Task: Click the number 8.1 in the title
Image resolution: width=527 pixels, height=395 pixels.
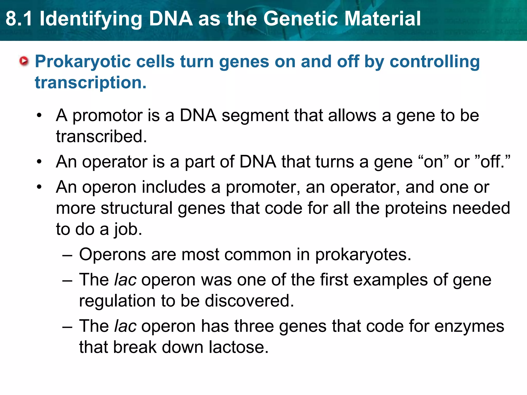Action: [x=19, y=19]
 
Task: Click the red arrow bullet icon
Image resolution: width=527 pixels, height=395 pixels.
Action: [x=24, y=61]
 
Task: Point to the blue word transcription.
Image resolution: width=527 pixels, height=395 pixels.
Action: [x=90, y=83]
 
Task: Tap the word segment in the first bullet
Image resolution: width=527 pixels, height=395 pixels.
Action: [x=255, y=116]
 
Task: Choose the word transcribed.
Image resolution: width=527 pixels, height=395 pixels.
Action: [x=101, y=136]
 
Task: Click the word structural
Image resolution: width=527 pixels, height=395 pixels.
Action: [x=137, y=208]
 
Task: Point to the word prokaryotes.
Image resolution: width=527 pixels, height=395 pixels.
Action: [x=363, y=255]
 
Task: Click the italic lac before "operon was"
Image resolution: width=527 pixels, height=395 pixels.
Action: [x=125, y=280]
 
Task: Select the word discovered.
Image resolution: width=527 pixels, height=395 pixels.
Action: [x=249, y=301]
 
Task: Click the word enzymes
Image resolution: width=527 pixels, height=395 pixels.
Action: [x=469, y=326]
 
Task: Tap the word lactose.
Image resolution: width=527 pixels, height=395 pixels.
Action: [x=239, y=347]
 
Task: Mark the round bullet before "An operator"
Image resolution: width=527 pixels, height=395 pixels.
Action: [x=39, y=162]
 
